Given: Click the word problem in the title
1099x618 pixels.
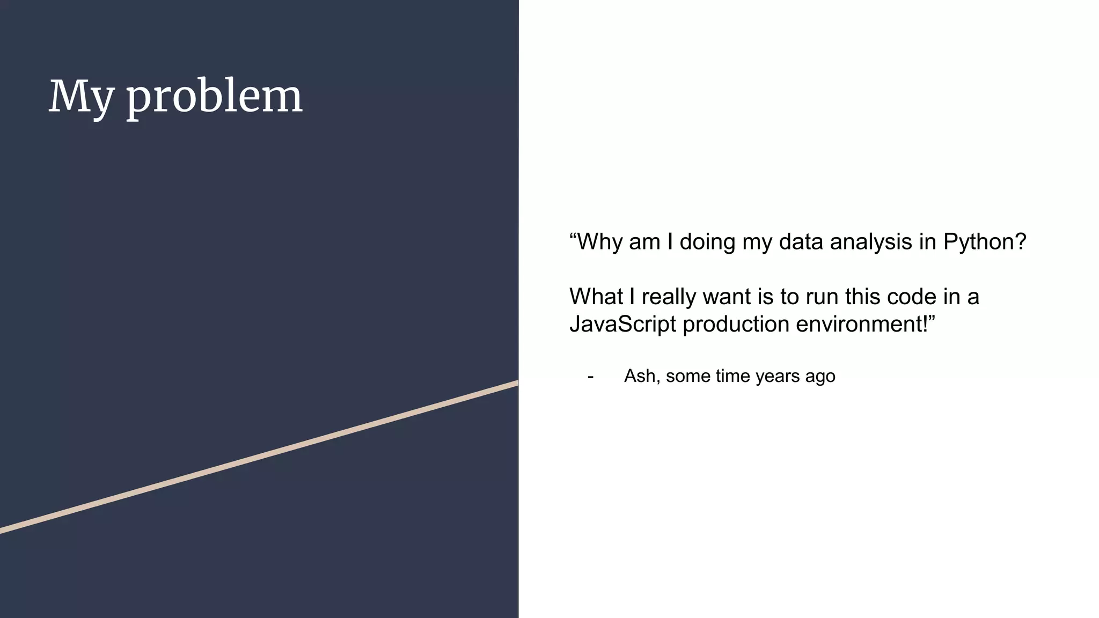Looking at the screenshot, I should click(x=214, y=98).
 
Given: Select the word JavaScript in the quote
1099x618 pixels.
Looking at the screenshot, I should click(x=622, y=324).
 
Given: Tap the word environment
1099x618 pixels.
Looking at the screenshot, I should click(x=864, y=324).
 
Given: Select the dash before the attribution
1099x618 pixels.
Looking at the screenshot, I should click(x=590, y=377).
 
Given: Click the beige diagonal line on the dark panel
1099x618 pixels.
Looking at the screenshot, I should click(x=258, y=458).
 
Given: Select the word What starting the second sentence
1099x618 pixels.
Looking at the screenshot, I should click(x=596, y=297).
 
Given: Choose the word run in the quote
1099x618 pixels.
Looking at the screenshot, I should click(x=823, y=297).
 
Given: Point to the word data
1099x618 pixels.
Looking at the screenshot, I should click(x=801, y=242).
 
